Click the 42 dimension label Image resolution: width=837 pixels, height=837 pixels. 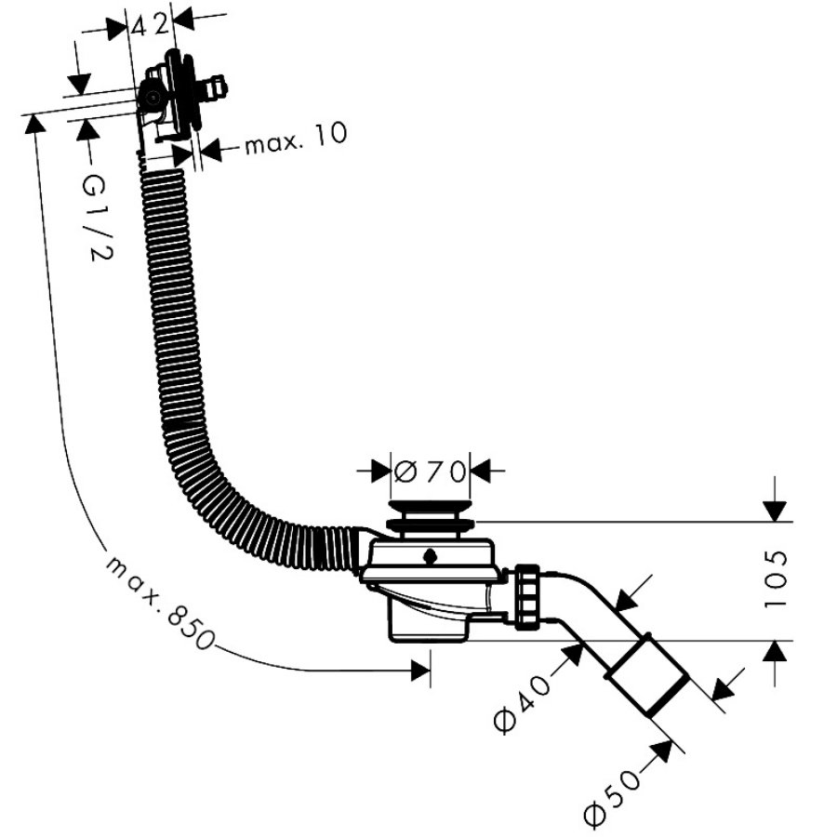[150, 24]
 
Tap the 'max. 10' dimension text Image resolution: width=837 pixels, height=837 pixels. [296, 139]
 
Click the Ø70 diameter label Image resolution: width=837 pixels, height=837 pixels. [431, 471]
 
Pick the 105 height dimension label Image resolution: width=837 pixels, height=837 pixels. [776, 579]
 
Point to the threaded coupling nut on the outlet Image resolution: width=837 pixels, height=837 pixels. [527, 597]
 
